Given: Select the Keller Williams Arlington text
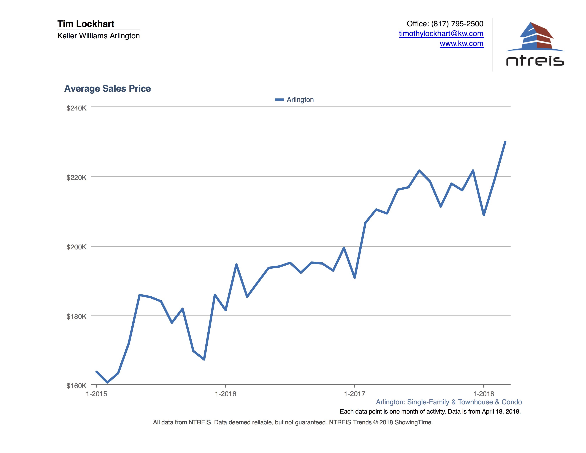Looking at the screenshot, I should (99, 36).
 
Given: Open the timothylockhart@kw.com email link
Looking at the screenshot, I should (441, 34).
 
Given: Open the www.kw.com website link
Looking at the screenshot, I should (462, 44).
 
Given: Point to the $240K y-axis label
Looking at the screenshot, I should (77, 108).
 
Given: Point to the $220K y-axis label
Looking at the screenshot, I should (77, 178).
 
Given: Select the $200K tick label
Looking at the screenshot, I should (77, 247).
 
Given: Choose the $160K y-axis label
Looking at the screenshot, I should (77, 386).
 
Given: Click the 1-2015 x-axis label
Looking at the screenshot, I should (96, 394).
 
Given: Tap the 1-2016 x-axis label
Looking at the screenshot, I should (225, 394).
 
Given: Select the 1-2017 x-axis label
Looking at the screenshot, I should (354, 394).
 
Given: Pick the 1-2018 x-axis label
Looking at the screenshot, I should (484, 394).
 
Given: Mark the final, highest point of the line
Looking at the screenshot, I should (505, 142).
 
